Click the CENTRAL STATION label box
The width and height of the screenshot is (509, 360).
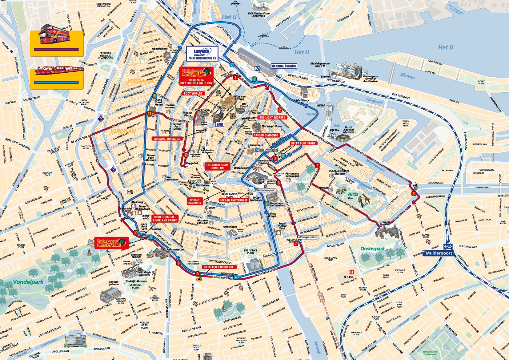tap(284, 66)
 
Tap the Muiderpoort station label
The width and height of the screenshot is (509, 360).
tap(439, 253)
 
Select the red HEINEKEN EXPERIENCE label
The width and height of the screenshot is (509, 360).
tap(219, 267)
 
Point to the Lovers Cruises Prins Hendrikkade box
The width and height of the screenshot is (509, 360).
tap(202, 54)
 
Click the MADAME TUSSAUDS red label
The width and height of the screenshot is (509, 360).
tap(167, 139)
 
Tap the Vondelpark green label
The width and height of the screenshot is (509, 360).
tap(28, 282)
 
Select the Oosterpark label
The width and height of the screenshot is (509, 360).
tap(372, 249)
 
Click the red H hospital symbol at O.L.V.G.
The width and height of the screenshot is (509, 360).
tap(352, 272)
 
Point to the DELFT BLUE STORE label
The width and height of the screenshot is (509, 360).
tap(303, 143)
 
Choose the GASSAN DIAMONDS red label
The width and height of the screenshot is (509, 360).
tap(266, 135)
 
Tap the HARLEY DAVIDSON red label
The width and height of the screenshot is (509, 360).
tap(194, 201)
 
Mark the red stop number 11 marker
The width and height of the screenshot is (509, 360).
tap(150, 114)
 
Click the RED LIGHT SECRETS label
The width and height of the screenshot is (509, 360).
tap(272, 117)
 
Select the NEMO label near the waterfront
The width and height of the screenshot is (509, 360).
tap(321, 105)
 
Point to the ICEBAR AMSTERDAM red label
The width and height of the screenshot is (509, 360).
tap(233, 200)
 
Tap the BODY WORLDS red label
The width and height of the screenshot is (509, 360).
tap(193, 93)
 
